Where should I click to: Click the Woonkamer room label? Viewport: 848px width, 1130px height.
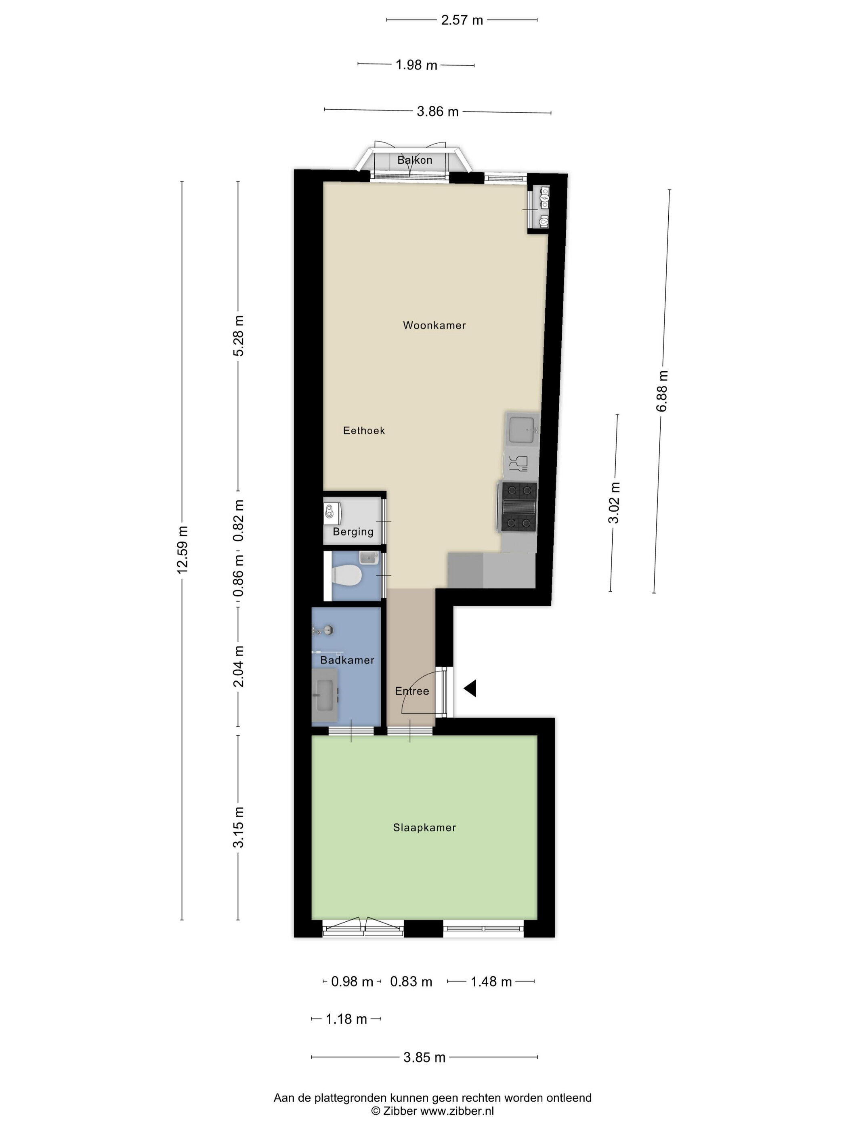(434, 325)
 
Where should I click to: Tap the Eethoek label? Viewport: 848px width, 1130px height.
(363, 431)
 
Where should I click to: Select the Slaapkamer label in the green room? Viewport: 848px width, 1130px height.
(424, 828)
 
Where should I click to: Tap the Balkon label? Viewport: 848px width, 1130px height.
(415, 160)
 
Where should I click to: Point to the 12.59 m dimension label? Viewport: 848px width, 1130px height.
(183, 549)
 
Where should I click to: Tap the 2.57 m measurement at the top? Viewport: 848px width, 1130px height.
(462, 20)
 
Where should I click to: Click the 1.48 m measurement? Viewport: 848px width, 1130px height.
(491, 982)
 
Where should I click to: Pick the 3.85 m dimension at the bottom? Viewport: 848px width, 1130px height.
(424, 1057)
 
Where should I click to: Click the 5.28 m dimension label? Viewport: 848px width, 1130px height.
(238, 336)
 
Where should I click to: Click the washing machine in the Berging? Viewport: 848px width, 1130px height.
(332, 513)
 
